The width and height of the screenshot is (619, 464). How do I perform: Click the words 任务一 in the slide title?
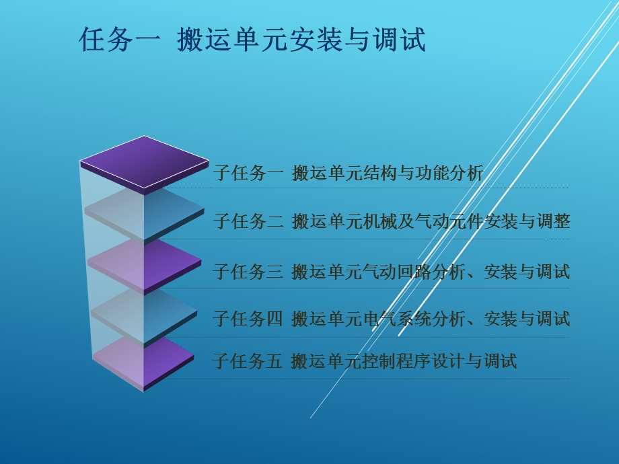120,40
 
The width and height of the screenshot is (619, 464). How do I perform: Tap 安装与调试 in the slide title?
360,40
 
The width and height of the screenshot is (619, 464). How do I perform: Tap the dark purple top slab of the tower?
144,162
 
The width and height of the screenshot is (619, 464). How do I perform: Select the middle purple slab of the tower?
144,264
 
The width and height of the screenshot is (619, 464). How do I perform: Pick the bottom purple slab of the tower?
144,360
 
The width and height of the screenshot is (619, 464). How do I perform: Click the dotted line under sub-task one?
390,188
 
